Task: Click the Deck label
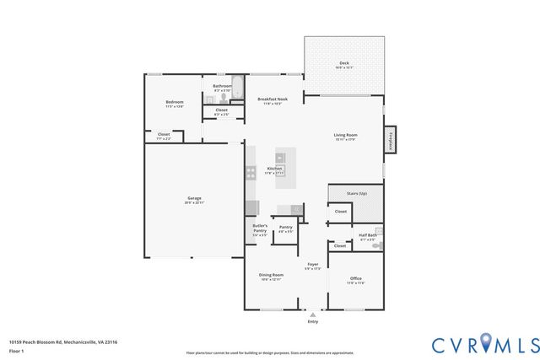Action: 343,63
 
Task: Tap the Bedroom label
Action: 174,103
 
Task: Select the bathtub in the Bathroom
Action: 238,88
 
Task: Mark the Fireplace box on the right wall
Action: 390,142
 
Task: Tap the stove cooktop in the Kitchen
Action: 251,173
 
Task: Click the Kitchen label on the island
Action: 274,169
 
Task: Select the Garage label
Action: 194,199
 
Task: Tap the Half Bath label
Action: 368,235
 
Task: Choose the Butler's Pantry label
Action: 260,228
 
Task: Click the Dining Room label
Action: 271,275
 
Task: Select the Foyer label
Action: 313,265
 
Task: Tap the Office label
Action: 356,279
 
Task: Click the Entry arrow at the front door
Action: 313,314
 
